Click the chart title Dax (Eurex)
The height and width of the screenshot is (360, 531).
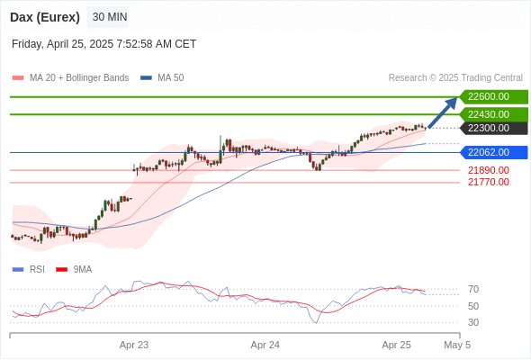tap(45, 17)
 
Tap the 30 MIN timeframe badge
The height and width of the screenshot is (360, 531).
tap(110, 17)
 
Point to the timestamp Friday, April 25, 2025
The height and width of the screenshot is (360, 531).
tap(103, 44)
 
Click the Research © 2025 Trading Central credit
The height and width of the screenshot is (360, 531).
tap(455, 78)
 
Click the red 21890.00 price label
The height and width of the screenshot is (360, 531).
tap(489, 170)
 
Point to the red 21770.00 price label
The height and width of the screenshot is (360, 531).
tap(489, 182)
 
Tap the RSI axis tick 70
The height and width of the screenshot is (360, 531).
tap(473, 289)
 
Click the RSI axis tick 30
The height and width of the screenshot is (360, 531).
tap(473, 322)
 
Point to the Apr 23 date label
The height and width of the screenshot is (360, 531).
tap(134, 345)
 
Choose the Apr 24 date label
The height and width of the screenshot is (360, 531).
tap(265, 345)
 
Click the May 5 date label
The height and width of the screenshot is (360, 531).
tap(457, 345)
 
